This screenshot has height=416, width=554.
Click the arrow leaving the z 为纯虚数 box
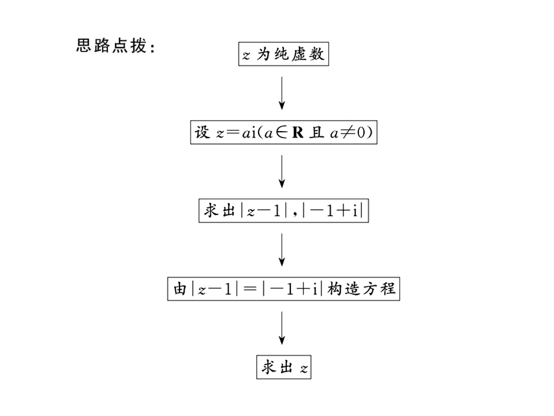pos(282,93)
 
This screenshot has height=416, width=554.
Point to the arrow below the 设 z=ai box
pos(282,172)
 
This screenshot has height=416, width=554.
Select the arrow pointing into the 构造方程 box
pos(282,250)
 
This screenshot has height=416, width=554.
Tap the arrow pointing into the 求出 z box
pos(282,328)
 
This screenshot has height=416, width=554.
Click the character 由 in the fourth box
pos(180,289)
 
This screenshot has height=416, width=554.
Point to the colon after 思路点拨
pos(152,47)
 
